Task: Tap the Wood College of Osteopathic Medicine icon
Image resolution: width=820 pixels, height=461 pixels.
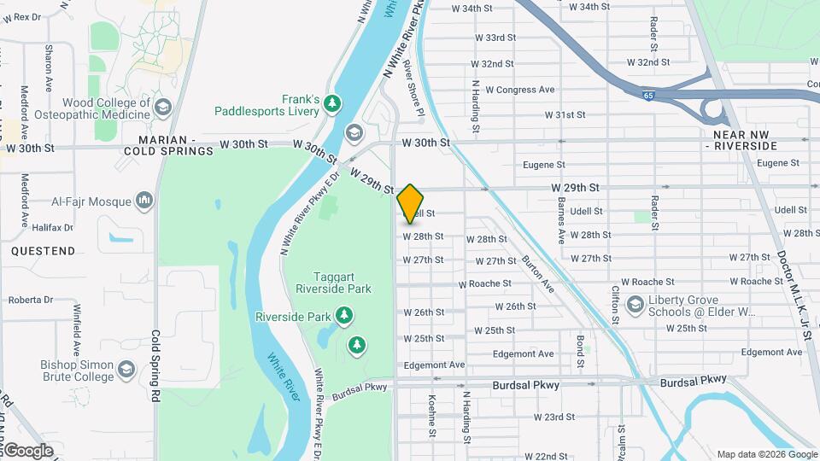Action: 162,108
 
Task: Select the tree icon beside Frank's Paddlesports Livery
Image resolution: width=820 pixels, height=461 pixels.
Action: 332,105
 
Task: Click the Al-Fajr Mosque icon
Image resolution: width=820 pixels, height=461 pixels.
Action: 143,201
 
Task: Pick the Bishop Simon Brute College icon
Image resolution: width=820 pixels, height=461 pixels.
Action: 127,370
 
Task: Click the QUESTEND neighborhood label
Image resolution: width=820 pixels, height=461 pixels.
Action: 43,251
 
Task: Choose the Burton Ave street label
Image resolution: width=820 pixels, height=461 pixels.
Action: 537,274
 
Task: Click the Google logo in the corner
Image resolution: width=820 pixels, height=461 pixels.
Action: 28,451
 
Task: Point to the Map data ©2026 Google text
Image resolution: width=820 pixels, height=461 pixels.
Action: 766,454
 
